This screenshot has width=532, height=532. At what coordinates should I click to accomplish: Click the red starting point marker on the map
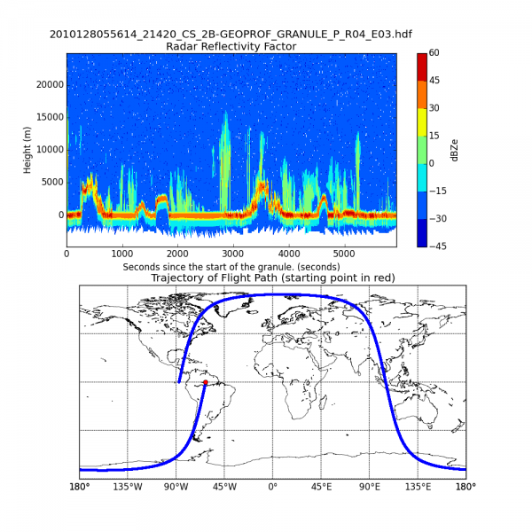(x=205, y=382)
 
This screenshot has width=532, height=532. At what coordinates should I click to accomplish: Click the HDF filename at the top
(x=231, y=34)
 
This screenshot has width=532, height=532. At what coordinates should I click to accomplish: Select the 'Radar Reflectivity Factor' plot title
(x=231, y=46)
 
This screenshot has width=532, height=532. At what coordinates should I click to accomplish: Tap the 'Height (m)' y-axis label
(x=27, y=148)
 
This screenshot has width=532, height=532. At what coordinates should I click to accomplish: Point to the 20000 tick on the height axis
(x=45, y=84)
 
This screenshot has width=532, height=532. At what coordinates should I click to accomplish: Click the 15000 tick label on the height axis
(x=45, y=117)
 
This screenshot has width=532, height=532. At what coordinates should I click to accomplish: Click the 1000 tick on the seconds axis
(x=121, y=253)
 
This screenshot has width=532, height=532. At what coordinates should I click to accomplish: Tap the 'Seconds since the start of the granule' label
(x=231, y=266)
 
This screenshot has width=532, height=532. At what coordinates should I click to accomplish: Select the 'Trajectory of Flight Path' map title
(x=272, y=278)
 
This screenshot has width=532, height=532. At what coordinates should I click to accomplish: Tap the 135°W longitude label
(x=127, y=486)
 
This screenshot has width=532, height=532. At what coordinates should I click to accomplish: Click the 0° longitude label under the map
(x=272, y=486)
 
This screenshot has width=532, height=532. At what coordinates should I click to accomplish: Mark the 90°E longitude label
(x=370, y=486)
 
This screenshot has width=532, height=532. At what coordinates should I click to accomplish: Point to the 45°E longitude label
(x=321, y=486)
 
